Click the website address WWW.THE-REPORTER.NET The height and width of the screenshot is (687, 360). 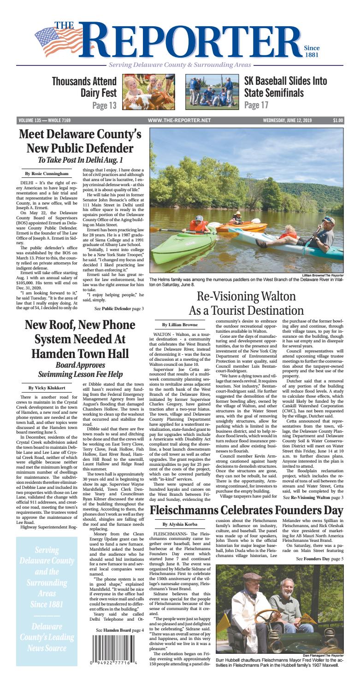pos(180,121)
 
